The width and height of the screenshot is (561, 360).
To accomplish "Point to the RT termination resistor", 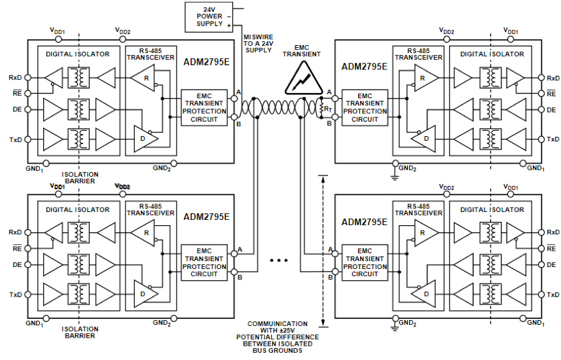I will coord(321,108).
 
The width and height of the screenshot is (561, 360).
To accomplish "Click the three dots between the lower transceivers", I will coord(279,261).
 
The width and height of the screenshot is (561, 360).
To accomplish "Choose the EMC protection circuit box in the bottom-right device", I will coord(365,262).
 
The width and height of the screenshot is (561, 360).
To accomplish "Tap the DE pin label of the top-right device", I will coord(552,109).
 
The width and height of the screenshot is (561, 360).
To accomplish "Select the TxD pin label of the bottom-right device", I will coord(552,294).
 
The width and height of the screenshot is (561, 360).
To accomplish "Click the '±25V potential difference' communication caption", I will coord(278,336).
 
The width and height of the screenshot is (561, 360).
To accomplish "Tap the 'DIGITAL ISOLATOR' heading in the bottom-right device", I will coord(491,209).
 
